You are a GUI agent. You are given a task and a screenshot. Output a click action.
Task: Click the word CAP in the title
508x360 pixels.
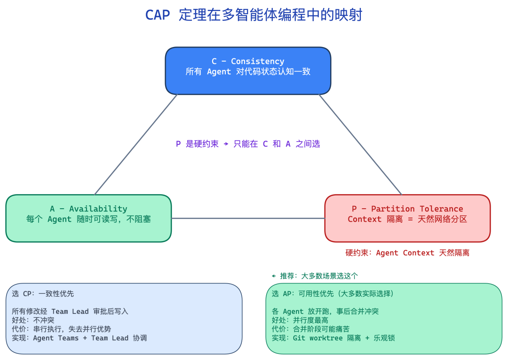pos(157,15)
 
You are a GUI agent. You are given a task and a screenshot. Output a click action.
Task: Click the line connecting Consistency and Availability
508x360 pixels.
pos(136,144)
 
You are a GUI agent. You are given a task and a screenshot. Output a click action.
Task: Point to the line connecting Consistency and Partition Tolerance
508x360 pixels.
pos(360,144)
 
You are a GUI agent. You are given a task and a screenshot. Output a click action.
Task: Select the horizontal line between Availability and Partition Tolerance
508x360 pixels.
pos(248,218)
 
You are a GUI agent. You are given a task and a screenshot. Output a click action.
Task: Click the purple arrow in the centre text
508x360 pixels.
pos(226,144)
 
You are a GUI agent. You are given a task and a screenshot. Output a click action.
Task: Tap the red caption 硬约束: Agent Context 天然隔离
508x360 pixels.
pos(407,253)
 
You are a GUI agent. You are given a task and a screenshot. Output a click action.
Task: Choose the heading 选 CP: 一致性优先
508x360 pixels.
pos(43,294)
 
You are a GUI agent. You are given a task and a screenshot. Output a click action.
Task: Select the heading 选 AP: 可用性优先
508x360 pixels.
pos(333,294)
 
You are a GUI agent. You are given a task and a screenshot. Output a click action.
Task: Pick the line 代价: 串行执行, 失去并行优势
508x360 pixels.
pos(62,329)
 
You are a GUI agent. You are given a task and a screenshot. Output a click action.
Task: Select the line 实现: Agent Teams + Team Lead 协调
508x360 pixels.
pos(79,338)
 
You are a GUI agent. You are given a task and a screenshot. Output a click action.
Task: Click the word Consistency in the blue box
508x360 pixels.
pos(257,62)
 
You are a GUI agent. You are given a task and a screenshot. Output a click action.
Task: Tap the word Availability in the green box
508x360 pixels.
pos(98,209)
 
